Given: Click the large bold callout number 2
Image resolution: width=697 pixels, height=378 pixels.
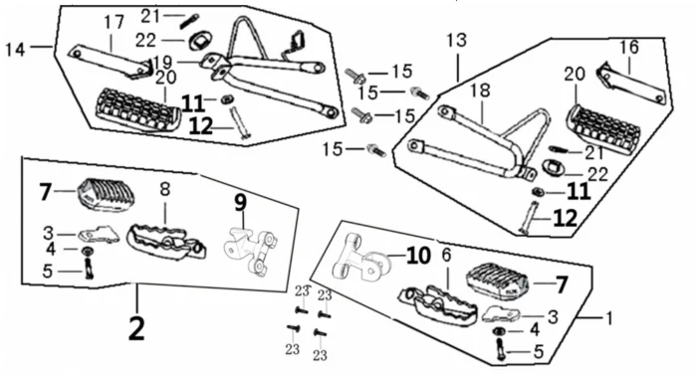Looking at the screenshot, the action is [x=136, y=329].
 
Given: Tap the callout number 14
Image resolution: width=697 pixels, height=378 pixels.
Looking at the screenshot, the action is [x=15, y=50].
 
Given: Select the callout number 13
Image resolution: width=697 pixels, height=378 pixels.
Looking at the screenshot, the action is [x=456, y=40].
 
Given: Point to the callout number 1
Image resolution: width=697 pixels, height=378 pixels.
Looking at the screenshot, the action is [x=609, y=318].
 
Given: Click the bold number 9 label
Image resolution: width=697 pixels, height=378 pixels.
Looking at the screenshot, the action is [x=240, y=203].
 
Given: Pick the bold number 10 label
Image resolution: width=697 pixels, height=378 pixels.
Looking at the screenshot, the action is [x=418, y=256].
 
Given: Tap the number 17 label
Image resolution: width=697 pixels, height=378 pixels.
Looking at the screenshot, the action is [x=114, y=23].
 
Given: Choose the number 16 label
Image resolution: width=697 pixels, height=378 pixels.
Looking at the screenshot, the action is [x=629, y=47].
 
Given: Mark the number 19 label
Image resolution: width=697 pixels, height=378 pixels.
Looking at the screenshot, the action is [x=162, y=62].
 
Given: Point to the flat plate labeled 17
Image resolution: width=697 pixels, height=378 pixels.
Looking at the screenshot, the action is [x=110, y=62].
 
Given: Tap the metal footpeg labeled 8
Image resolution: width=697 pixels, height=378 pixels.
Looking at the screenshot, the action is [x=165, y=242].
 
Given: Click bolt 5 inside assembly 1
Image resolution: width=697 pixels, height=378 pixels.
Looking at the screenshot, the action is [x=501, y=349].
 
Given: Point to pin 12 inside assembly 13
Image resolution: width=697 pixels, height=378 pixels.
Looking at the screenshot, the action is [x=529, y=217].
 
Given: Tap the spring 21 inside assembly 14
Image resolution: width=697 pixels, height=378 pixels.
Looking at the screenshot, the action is [x=190, y=22].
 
